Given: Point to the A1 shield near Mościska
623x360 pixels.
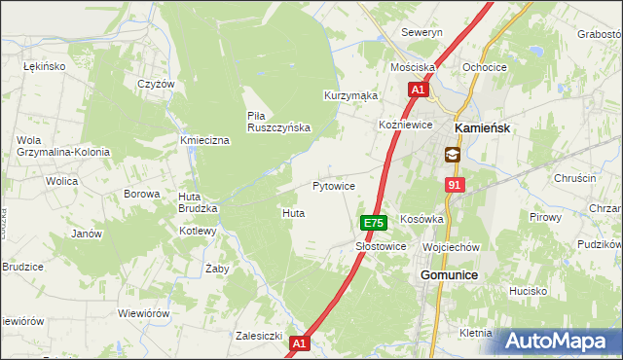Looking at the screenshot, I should click(x=417, y=90).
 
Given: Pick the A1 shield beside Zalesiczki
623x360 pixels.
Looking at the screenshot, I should click(x=300, y=343).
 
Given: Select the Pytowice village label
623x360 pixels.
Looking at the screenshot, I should click(x=333, y=185).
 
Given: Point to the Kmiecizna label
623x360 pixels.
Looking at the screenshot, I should click(x=204, y=141).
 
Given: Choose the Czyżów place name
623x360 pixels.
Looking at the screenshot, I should click(x=156, y=84).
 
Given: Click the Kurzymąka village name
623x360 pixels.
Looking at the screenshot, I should click(x=350, y=96).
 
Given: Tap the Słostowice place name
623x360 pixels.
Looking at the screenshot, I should click(x=381, y=247).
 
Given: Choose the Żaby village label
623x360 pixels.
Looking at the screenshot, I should click(x=216, y=268).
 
